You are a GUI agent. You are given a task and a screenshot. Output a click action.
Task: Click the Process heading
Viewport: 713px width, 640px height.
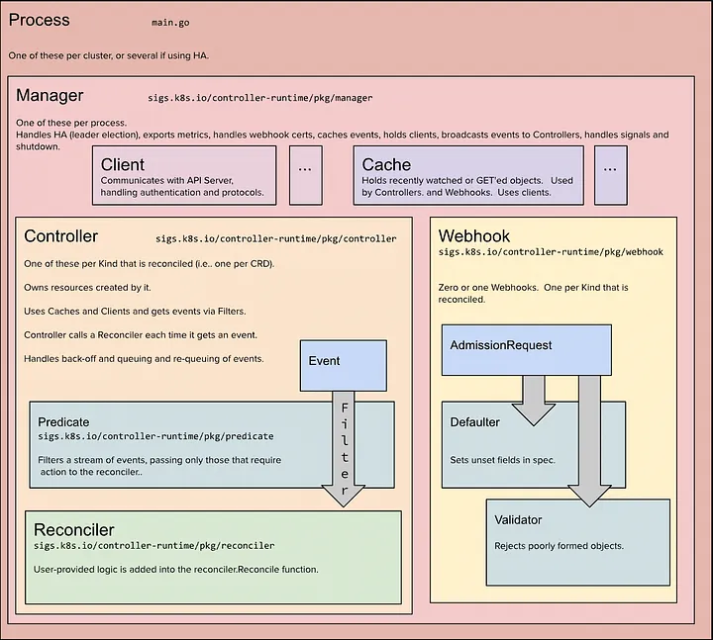tap(39, 20)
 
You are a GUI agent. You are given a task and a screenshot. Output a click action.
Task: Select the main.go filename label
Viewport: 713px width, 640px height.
tap(170, 23)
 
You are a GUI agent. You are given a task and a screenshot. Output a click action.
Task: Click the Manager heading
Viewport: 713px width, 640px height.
tap(50, 95)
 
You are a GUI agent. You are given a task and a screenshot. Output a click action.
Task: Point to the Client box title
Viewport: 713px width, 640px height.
tap(123, 164)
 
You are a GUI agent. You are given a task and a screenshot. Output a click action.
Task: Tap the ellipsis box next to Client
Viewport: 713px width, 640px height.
tap(306, 175)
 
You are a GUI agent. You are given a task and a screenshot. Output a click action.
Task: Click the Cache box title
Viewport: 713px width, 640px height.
tap(386, 164)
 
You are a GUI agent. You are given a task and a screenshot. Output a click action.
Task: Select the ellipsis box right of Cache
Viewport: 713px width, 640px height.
tap(611, 175)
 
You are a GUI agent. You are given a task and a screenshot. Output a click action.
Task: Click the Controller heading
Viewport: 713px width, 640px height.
tap(61, 236)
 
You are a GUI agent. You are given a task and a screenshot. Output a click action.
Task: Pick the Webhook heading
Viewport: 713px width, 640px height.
tap(473, 236)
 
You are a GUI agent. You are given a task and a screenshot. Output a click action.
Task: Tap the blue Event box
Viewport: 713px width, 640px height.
tap(344, 366)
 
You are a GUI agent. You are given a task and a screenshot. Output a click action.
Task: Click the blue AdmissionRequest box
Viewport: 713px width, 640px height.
tap(527, 350)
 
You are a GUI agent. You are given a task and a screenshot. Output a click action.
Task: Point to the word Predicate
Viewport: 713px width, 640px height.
tap(63, 422)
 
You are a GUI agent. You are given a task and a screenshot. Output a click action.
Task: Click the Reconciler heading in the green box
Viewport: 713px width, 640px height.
tap(74, 530)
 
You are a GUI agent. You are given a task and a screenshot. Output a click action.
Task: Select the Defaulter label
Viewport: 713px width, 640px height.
tap(474, 422)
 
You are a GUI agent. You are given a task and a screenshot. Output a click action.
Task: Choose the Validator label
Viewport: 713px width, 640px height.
tap(518, 520)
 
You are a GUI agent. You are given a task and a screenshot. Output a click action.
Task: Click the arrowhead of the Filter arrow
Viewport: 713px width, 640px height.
tap(344, 496)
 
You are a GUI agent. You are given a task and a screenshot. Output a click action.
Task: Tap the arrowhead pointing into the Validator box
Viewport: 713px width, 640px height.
tap(589, 497)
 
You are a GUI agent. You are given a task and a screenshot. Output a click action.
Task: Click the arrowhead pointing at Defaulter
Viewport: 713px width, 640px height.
tap(534, 415)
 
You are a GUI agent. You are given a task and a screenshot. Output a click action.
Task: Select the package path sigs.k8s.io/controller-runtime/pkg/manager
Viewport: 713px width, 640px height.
tap(260, 98)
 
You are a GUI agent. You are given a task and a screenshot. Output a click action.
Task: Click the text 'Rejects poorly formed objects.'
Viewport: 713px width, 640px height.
tap(559, 546)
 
